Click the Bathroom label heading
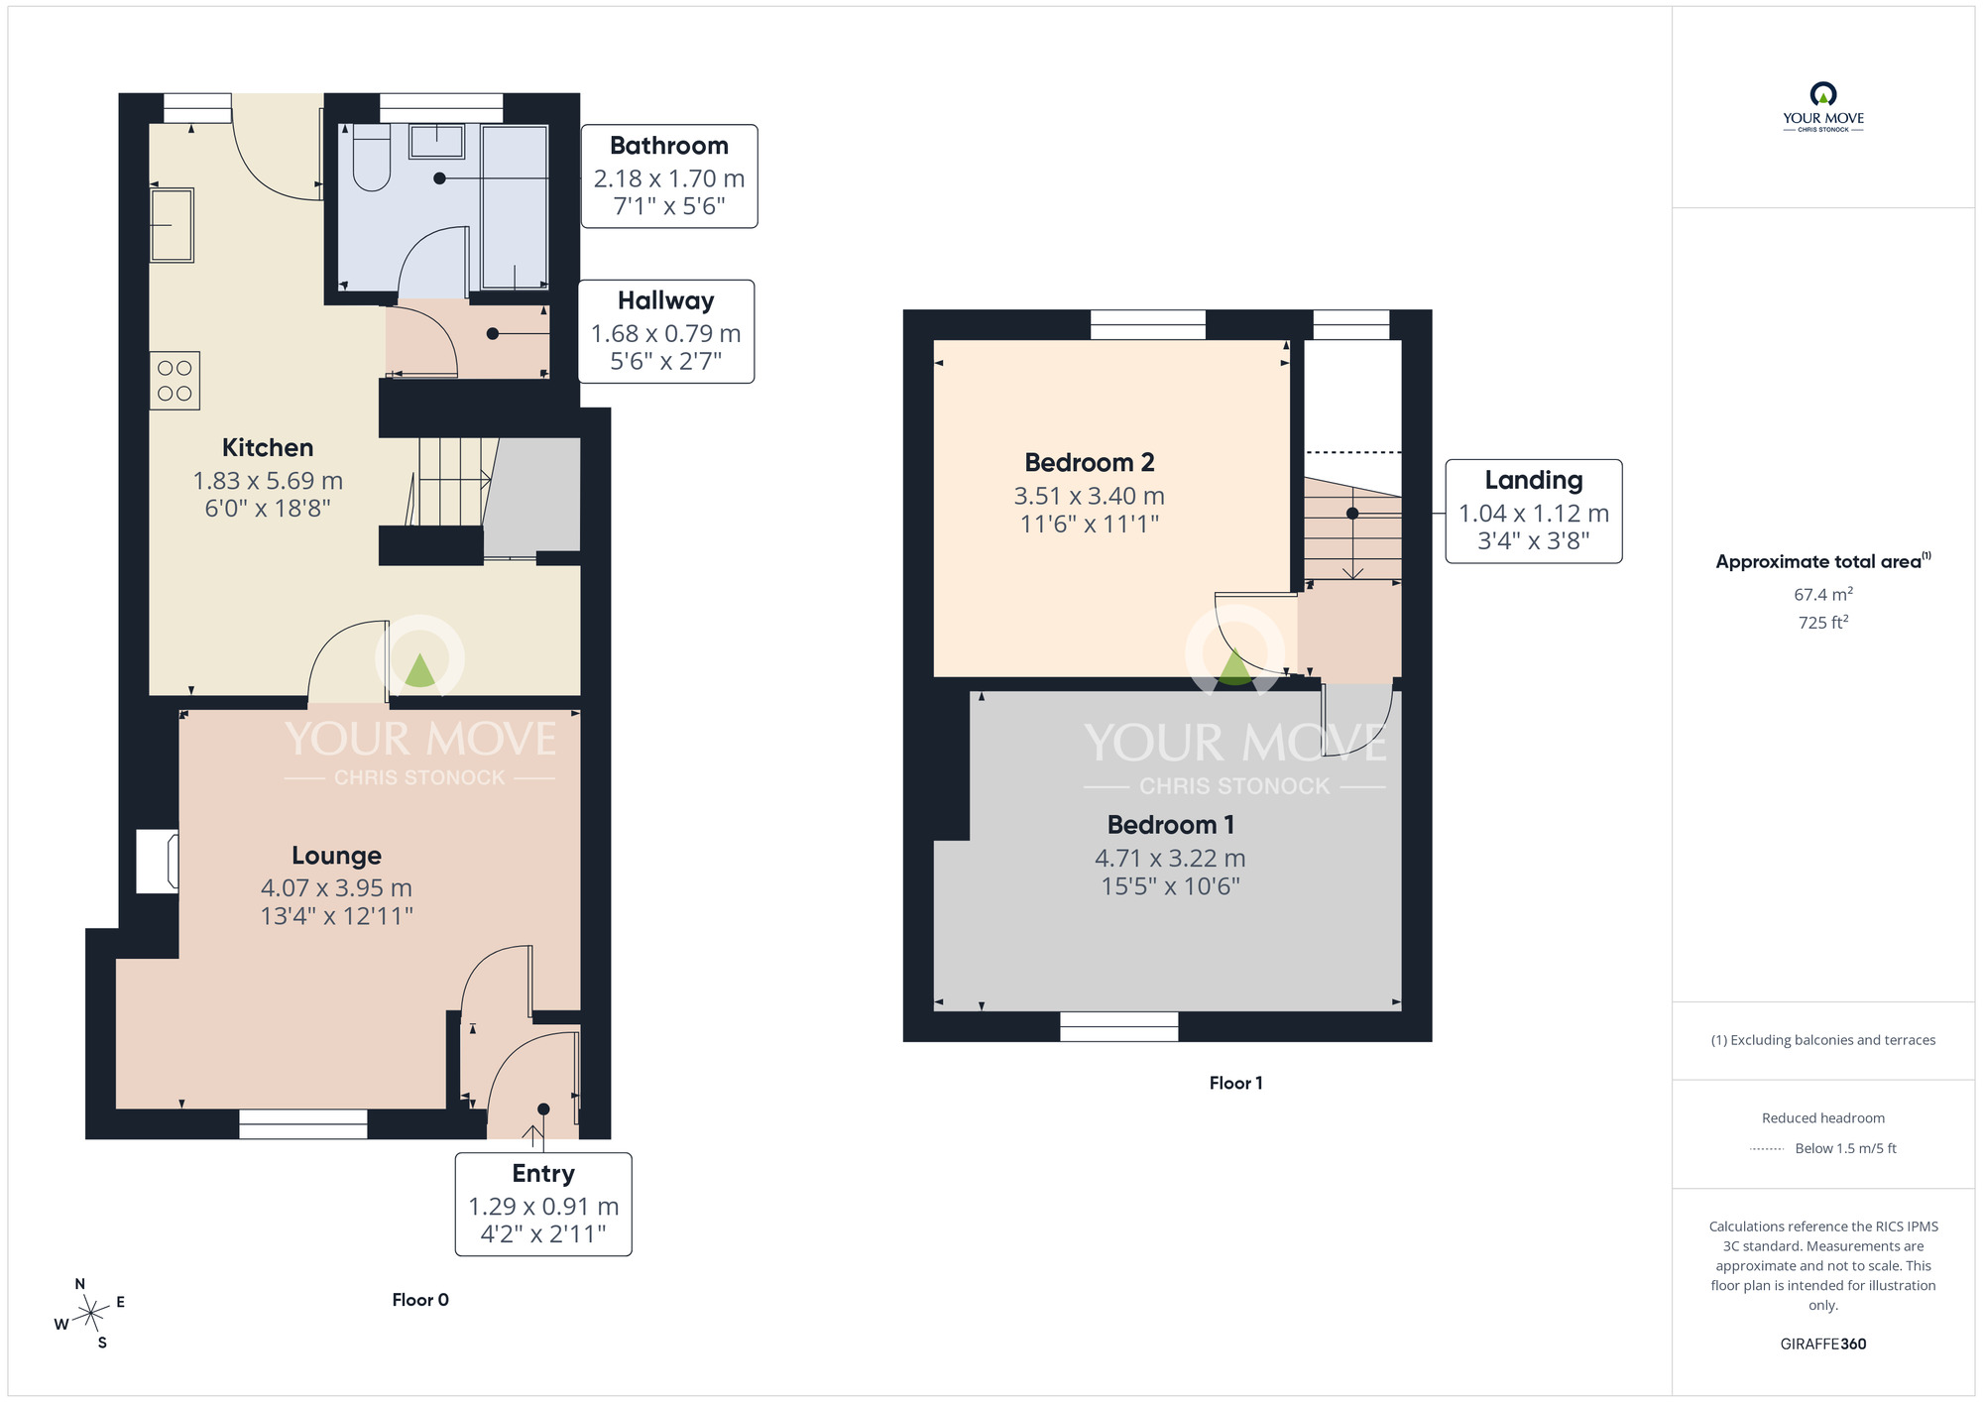[x=669, y=146]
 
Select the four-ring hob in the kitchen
[x=175, y=381]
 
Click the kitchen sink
[x=172, y=225]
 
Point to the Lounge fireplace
[x=158, y=861]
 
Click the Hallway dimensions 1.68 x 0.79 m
[x=666, y=334]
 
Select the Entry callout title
[x=543, y=1173]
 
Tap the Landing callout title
[x=1534, y=481]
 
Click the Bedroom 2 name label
[x=1090, y=463]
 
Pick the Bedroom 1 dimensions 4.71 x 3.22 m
[x=1170, y=859]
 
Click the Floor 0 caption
[x=420, y=1300]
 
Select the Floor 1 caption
[x=1235, y=1083]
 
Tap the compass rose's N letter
[x=80, y=1284]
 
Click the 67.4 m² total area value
[x=1823, y=594]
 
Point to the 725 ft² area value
[x=1823, y=622]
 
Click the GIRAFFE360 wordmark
[x=1823, y=1344]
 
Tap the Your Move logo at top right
[x=1823, y=107]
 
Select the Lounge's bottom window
[x=303, y=1124]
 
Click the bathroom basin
[x=436, y=141]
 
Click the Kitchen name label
[x=268, y=448]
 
